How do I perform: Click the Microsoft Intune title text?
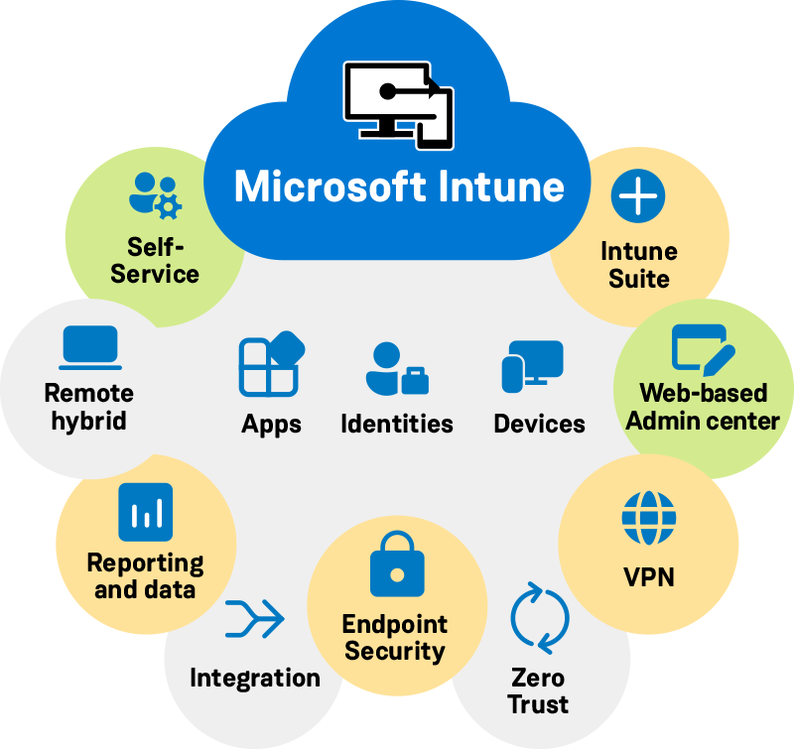click(398, 187)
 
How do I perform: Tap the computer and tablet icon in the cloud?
click(398, 105)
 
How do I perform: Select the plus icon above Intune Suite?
click(638, 195)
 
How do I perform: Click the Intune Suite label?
click(638, 265)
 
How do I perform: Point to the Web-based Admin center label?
click(703, 407)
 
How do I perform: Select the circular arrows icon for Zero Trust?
click(539, 617)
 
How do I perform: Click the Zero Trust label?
click(538, 691)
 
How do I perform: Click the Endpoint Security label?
click(395, 638)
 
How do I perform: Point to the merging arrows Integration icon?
click(254, 619)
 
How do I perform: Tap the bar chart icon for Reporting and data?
click(145, 512)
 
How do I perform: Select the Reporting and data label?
click(145, 576)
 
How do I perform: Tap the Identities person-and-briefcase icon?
click(396, 369)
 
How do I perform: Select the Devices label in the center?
click(539, 424)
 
